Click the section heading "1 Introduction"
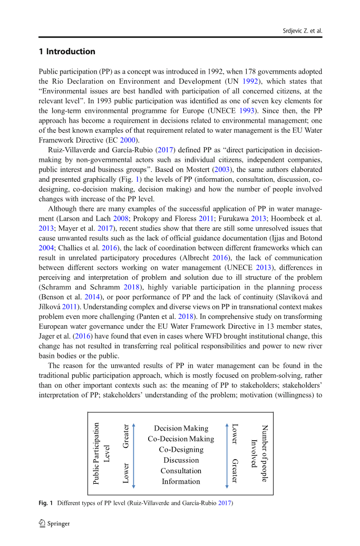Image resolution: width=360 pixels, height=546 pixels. tap(67, 52)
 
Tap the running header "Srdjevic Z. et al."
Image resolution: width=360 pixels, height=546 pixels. tap(300, 31)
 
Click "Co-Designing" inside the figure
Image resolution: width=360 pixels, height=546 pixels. tap(181, 450)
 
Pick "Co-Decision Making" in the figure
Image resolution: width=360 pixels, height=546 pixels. tap(181, 439)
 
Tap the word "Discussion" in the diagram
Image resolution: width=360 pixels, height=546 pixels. tap(181, 460)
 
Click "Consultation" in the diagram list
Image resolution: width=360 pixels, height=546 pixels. tap(181, 471)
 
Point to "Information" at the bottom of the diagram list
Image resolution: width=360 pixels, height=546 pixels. tap(181, 481)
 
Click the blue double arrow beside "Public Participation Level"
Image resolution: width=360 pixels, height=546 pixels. tap(134, 455)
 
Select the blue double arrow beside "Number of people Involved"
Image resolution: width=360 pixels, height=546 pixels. tap(227, 455)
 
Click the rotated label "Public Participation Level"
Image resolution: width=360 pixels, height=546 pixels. tap(101, 454)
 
